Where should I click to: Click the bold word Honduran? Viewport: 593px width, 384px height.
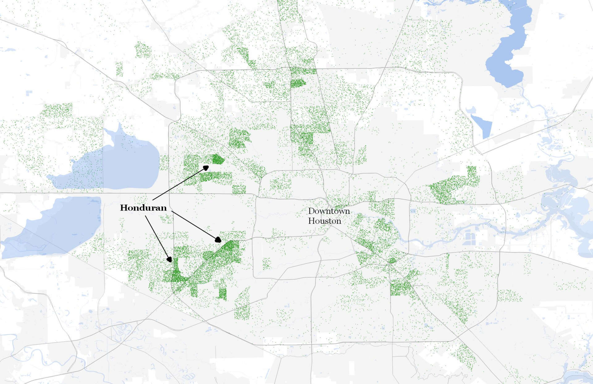(x=143, y=208)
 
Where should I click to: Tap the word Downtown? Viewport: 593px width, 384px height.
(x=329, y=211)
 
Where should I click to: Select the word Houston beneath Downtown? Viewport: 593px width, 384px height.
(x=325, y=221)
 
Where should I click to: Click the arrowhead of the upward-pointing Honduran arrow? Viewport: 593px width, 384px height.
(x=206, y=168)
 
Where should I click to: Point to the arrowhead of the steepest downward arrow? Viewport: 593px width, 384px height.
(x=169, y=259)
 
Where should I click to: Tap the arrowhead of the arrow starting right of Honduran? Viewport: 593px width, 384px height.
(x=218, y=240)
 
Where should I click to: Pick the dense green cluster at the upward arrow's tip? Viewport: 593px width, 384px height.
(x=218, y=160)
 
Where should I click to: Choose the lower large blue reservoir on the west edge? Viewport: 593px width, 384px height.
(x=56, y=226)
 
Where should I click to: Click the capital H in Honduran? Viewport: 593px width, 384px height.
(x=124, y=208)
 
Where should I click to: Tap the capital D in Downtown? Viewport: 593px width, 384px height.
(x=311, y=211)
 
